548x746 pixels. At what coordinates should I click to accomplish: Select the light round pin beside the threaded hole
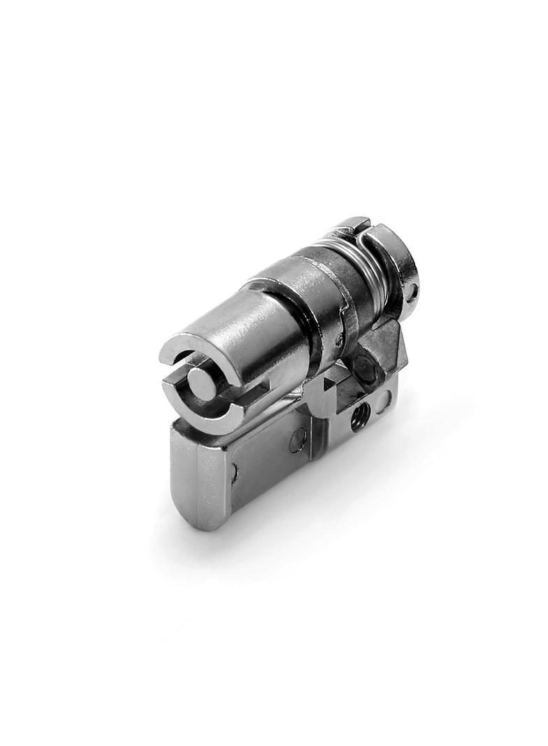tap(383, 401)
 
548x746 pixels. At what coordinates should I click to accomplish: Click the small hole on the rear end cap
tap(412, 290)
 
